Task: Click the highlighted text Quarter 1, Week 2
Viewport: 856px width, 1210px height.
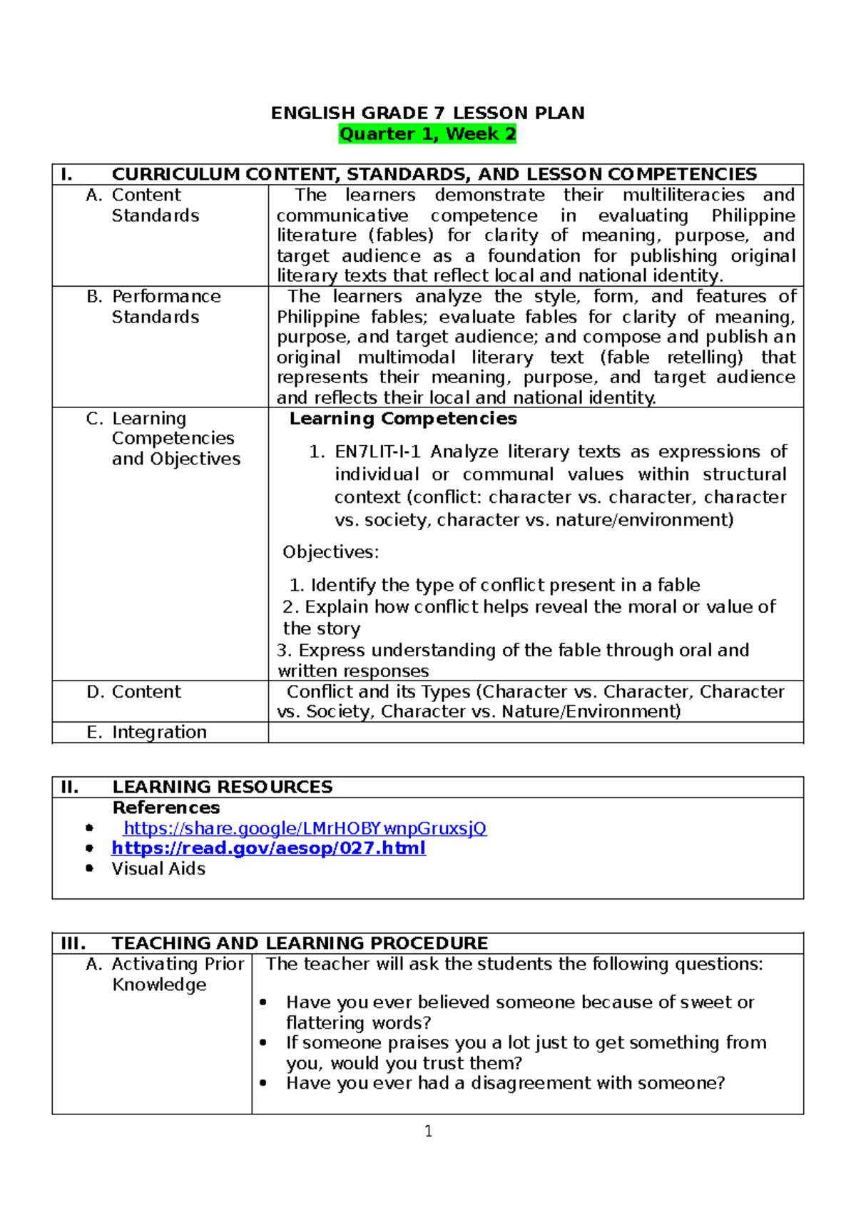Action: pyautogui.click(x=427, y=134)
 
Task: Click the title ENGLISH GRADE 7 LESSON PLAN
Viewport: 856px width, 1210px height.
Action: pyautogui.click(x=427, y=113)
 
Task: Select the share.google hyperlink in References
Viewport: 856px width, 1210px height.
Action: pyautogui.click(x=305, y=828)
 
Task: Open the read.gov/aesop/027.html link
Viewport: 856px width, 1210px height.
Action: pyautogui.click(x=268, y=848)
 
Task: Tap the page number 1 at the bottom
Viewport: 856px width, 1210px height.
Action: pyautogui.click(x=428, y=1131)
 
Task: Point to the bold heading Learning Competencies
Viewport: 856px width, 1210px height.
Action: pyautogui.click(x=403, y=419)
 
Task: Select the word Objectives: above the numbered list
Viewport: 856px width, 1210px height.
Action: pyautogui.click(x=331, y=552)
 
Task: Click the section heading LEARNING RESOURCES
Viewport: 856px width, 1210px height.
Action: pyautogui.click(x=222, y=787)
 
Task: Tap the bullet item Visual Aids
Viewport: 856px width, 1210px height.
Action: pyautogui.click(x=158, y=869)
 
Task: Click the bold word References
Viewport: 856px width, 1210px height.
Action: pyautogui.click(x=166, y=808)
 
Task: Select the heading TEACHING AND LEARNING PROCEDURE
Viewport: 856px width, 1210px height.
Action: pyautogui.click(x=300, y=943)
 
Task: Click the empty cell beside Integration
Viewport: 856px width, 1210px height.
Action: pyautogui.click(x=535, y=733)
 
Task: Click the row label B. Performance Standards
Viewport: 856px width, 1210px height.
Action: pyautogui.click(x=154, y=307)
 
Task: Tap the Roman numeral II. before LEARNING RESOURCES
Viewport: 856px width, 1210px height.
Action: pyautogui.click(x=70, y=787)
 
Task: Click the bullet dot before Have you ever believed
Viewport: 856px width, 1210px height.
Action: pyautogui.click(x=263, y=1002)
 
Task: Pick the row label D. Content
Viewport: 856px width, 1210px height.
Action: pyautogui.click(x=135, y=692)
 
